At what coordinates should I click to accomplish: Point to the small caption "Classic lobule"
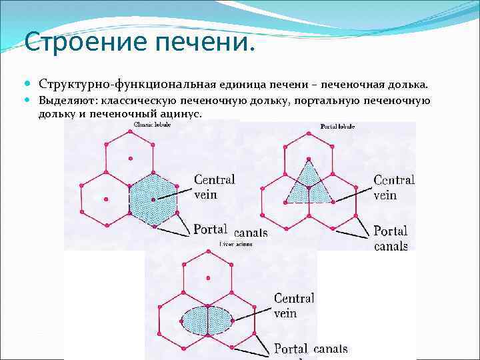pyautogui.click(x=151, y=124)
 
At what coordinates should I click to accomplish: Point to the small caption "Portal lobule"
pyautogui.click(x=337, y=126)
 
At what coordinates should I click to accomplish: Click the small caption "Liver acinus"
pyautogui.click(x=235, y=245)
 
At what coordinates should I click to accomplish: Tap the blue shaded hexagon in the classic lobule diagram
pyautogui.click(x=153, y=199)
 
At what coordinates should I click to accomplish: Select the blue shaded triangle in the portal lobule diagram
pyautogui.click(x=308, y=184)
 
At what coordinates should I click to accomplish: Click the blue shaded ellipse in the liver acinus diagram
pyautogui.click(x=208, y=320)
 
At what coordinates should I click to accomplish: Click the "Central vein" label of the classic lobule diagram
pyautogui.click(x=214, y=187)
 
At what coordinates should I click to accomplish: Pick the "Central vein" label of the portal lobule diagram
pyautogui.click(x=393, y=187)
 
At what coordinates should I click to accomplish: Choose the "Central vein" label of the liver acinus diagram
pyautogui.click(x=294, y=305)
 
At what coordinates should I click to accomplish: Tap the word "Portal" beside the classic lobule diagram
pyautogui.click(x=211, y=229)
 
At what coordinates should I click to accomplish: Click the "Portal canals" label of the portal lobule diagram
pyautogui.click(x=391, y=238)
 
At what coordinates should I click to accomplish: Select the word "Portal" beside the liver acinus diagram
pyautogui.click(x=291, y=349)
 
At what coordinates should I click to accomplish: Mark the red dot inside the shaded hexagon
pyautogui.click(x=153, y=199)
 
